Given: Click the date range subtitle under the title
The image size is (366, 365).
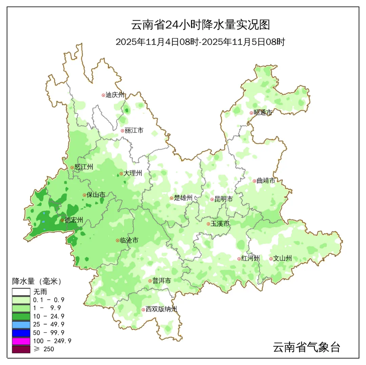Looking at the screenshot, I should [200, 42].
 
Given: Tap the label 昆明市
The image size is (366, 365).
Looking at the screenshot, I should [224, 199].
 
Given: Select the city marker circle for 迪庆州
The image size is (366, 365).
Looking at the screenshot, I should [103, 95].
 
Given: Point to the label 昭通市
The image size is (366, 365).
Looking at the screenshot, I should [263, 113].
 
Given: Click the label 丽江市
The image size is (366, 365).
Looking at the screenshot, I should [134, 130].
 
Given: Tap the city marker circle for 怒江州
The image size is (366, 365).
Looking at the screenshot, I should [72, 167].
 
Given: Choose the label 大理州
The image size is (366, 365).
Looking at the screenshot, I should [133, 174].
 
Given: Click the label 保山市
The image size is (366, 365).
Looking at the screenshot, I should [96, 195].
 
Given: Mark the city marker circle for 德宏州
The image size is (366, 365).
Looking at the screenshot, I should [62, 220].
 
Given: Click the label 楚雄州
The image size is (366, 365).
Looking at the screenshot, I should [183, 198].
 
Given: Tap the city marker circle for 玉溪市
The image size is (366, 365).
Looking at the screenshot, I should [208, 224].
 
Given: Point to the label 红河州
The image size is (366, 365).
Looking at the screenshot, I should [250, 259].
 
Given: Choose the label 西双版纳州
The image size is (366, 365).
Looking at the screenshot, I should [161, 309].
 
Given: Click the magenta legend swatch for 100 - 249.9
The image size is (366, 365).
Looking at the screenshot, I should [21, 341].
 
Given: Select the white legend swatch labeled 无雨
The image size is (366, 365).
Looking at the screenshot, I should [21, 292].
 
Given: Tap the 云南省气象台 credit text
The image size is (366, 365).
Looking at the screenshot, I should [306, 347].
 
